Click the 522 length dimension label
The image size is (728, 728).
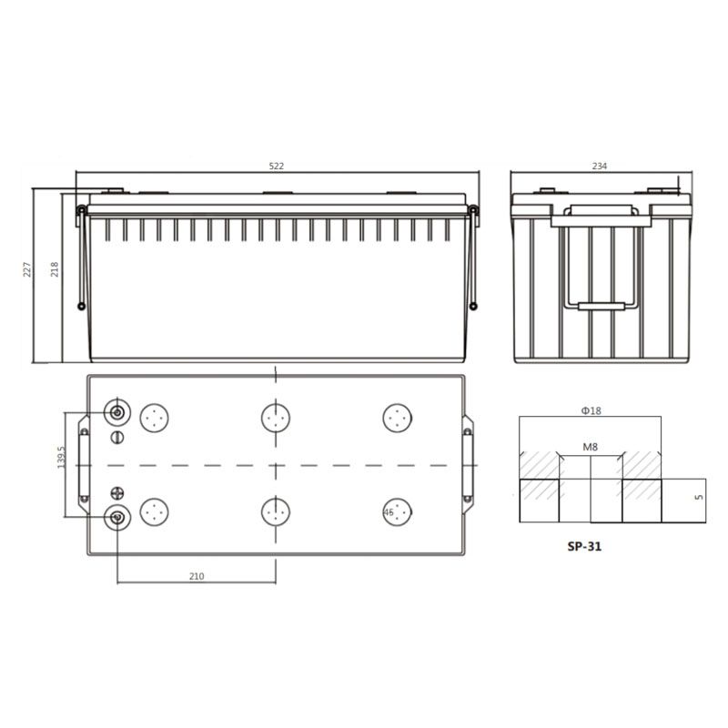point(277,167)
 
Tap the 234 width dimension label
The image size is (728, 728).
point(600,167)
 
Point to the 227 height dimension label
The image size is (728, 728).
point(27,269)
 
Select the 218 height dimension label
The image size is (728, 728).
point(55,269)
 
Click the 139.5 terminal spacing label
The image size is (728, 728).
point(61,457)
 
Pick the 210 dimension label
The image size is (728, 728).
point(197,576)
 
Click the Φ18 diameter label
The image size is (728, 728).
point(591,410)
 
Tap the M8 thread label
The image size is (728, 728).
point(590,447)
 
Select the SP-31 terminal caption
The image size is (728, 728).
point(584,547)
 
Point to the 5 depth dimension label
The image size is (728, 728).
point(699,497)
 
